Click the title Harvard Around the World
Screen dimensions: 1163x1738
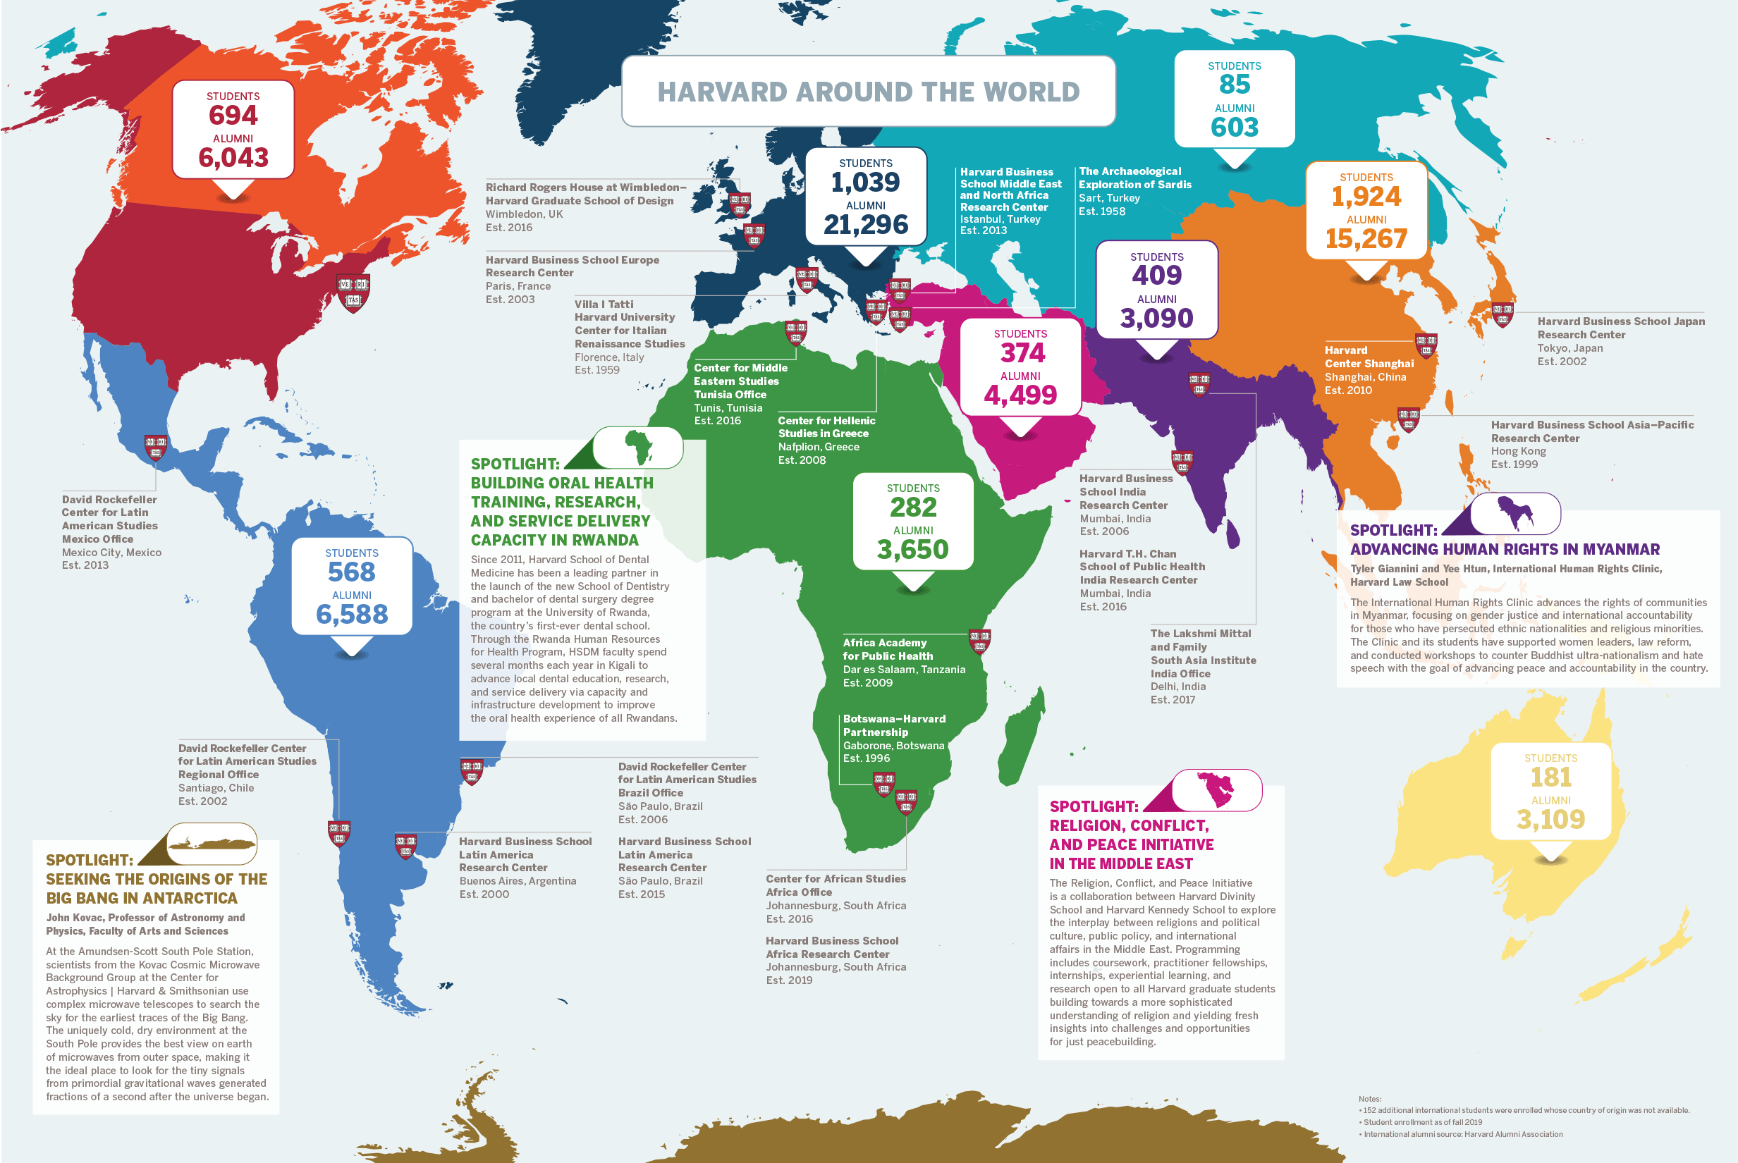coord(868,91)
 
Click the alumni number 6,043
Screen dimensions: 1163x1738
coord(233,157)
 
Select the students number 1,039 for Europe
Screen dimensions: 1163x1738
coord(865,183)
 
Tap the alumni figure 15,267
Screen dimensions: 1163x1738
coord(1366,239)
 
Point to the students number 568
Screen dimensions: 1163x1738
coord(352,572)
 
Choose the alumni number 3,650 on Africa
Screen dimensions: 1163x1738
coord(912,550)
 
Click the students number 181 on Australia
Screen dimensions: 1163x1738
coord(1550,777)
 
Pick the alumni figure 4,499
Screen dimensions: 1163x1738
coord(1020,395)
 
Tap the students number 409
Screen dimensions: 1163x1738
coord(1156,276)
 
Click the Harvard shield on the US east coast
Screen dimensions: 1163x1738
coord(353,293)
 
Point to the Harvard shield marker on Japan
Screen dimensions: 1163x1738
coord(1502,314)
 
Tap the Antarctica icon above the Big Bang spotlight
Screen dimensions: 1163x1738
coord(212,843)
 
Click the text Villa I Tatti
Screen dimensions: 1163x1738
coord(604,304)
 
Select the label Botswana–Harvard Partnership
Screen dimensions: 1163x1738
coord(894,725)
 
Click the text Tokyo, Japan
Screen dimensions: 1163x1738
coord(1569,348)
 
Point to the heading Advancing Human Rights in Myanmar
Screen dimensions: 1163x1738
coord(1505,550)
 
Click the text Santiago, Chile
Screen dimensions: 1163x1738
coord(216,788)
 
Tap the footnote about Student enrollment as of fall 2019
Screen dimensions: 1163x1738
coord(1422,1122)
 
